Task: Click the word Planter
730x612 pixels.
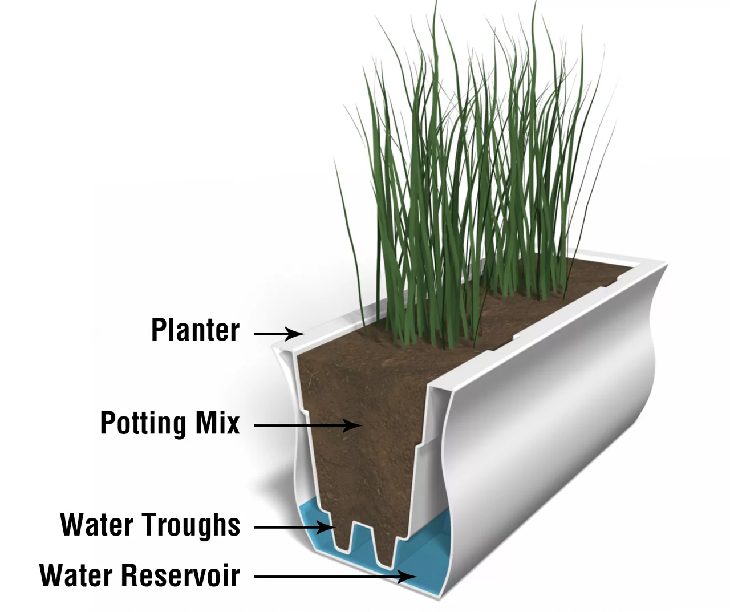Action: tap(195, 330)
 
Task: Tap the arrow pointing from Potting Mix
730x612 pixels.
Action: tap(308, 425)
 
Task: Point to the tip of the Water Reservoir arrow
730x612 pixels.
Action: tap(416, 577)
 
